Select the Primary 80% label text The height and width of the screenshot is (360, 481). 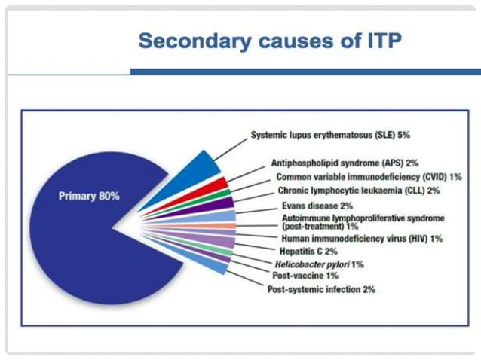88,197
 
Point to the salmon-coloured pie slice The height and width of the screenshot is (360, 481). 223,226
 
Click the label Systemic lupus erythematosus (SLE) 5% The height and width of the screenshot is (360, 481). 330,136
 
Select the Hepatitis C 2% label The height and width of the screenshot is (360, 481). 309,251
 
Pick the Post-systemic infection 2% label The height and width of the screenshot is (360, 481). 320,289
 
